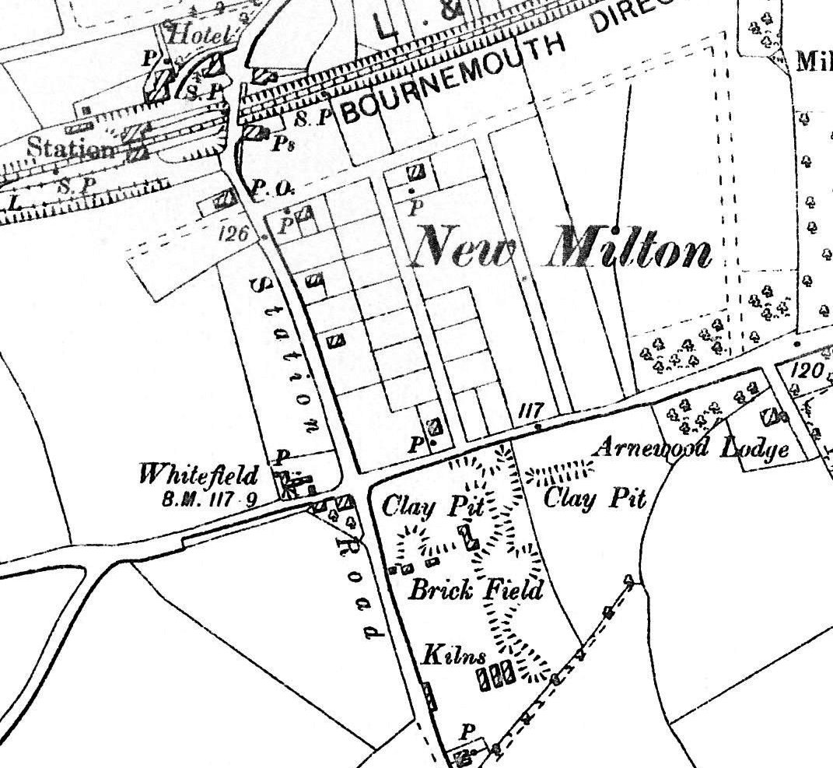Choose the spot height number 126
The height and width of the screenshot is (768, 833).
pos(231,233)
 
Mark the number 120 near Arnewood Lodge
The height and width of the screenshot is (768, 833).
pos(807,370)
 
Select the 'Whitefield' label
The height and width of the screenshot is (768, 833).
pos(198,473)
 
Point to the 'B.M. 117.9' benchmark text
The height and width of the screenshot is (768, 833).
pos(209,500)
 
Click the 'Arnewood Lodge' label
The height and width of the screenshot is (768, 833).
pos(691,447)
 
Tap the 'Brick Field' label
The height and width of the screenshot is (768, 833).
pos(475,589)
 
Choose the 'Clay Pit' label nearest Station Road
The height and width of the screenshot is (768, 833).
pos(432,507)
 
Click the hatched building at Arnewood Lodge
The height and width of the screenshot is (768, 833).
pos(772,417)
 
